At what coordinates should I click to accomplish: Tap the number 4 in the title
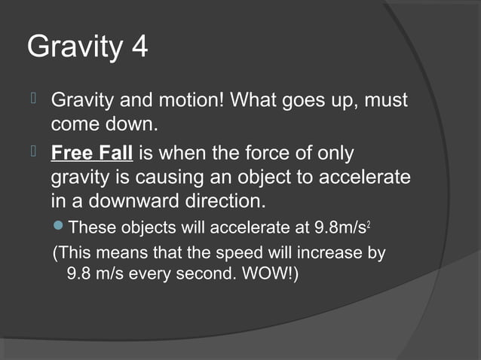point(138,48)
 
